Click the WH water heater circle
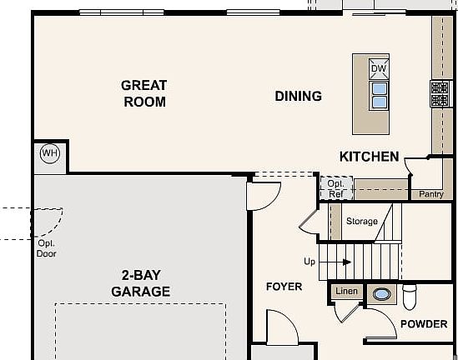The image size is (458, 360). tap(50, 153)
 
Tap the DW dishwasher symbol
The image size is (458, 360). tap(379, 69)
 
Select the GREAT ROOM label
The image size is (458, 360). tap(144, 93)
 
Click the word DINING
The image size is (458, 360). tap(298, 97)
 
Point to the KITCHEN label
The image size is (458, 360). tap(370, 157)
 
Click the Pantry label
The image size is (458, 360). tap(431, 194)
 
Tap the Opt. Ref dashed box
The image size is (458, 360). tap(336, 188)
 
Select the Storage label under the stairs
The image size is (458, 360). tap(362, 221)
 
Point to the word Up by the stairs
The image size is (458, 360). tap(310, 262)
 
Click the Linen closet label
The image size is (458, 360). tap(346, 291)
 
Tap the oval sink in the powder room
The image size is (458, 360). tap(381, 294)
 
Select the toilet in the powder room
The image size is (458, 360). tap(410, 297)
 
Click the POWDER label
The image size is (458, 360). tap(424, 324)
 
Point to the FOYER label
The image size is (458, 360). tap(284, 287)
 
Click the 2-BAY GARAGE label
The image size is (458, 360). tap(141, 283)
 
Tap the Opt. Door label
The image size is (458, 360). tap(47, 248)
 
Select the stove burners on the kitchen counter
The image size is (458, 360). tap(440, 94)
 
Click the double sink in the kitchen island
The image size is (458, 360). tap(380, 96)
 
